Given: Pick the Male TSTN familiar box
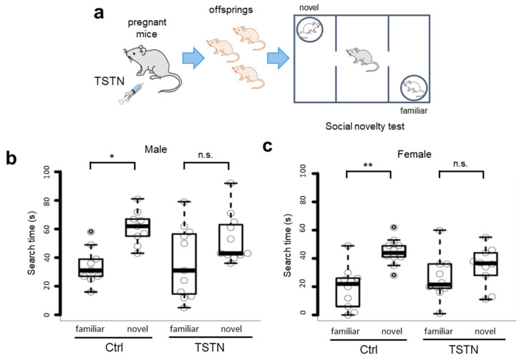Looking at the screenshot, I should tap(185, 263).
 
